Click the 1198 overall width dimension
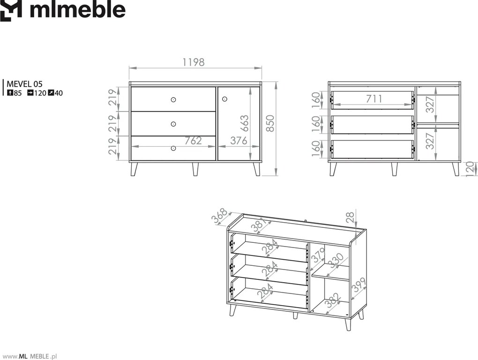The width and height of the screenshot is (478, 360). coord(193,62)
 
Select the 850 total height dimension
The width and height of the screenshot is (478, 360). coord(270,123)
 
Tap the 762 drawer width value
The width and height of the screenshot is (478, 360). coord(193,141)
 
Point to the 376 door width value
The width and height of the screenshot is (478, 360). coord(239,141)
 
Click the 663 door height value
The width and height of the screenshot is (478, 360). coord(244,123)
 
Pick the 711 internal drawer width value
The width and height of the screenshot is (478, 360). coord(374,99)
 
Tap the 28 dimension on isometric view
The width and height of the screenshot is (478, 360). coord(351,217)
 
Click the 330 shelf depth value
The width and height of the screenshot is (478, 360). coord(337,261)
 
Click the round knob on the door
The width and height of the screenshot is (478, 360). coord(224,99)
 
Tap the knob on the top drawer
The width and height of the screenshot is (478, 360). coord(173,99)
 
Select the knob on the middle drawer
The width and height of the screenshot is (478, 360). coord(173,124)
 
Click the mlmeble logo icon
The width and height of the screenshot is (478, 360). coord(11,11)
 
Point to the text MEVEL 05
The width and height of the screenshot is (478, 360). coord(24,84)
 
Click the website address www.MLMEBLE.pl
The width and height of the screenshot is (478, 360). coord(30,356)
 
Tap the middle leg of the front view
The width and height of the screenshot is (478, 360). coord(195,169)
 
